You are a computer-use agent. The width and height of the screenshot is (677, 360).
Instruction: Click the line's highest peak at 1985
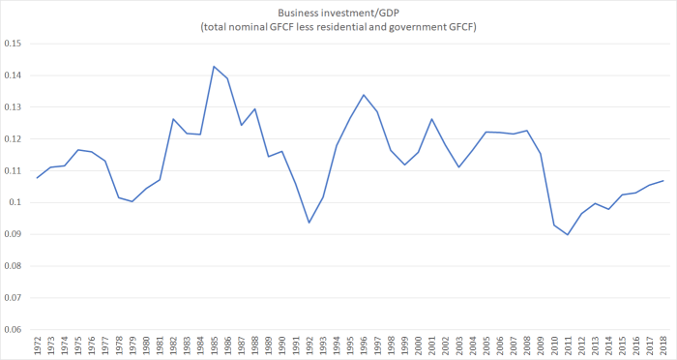coord(213,67)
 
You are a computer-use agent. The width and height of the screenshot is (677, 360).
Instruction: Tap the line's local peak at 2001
coord(431,119)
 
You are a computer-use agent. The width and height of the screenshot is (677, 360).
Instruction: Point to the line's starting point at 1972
coord(37,177)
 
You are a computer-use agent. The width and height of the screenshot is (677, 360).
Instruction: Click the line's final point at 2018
coord(663,181)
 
